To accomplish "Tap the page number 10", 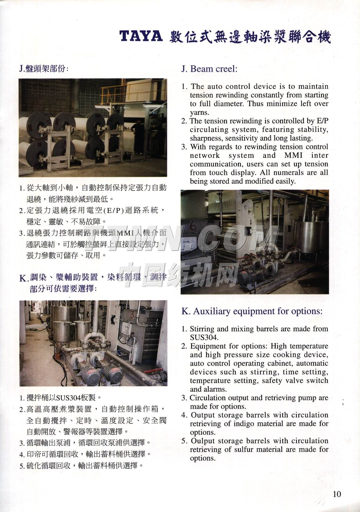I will (x=337, y=494).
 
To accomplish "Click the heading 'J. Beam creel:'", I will (x=209, y=69).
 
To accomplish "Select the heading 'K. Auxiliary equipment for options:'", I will (x=252, y=311).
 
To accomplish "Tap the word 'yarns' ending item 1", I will (x=199, y=112).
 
